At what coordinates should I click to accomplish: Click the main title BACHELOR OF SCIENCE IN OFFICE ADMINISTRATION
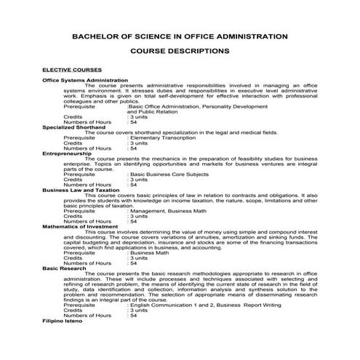pos(180,36)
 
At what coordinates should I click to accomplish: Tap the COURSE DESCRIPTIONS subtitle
pos(180,52)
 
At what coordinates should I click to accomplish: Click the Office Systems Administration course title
pos(85,80)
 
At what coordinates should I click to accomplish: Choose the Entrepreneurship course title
pos(67,153)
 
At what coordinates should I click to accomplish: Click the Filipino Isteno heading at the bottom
pos(63,321)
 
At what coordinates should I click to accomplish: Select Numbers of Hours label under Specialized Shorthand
pos(87,148)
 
